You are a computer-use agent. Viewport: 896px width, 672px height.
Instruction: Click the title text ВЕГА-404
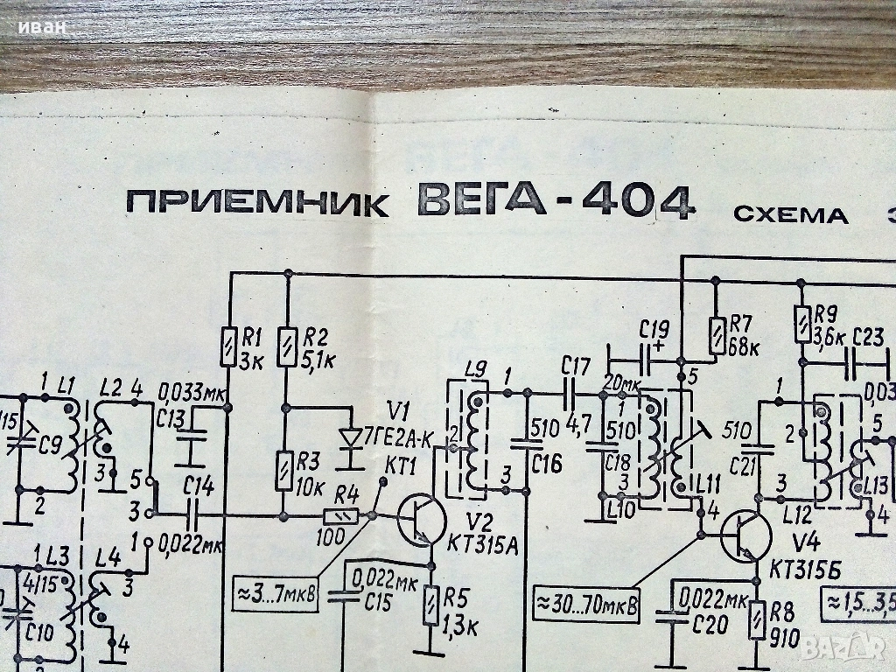(556, 201)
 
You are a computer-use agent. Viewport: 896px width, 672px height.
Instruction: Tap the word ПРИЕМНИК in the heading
(258, 205)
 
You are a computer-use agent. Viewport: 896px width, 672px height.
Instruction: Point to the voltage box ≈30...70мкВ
(584, 605)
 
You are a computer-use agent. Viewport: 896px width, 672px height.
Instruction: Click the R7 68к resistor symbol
(716, 335)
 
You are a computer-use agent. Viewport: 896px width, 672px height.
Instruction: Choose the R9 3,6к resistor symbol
(801, 324)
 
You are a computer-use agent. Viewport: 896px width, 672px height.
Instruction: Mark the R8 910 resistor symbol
(756, 621)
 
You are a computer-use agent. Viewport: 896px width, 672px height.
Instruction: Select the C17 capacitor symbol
(573, 391)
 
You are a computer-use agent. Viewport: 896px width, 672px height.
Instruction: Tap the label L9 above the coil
(477, 370)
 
